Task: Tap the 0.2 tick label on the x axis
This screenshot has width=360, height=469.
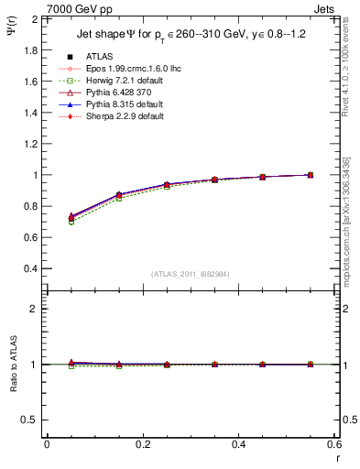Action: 142,444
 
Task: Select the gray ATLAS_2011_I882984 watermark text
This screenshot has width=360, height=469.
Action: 191,274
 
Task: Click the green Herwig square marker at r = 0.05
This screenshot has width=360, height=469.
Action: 71,222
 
